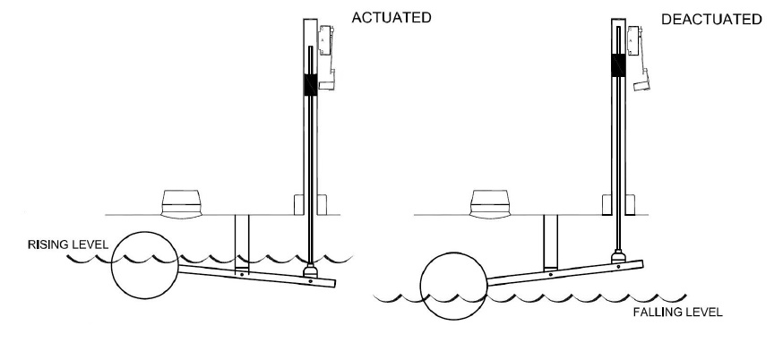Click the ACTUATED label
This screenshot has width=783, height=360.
[x=391, y=18]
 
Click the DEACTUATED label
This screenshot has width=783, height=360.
[x=711, y=20]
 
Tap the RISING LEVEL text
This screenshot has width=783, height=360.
[x=68, y=244]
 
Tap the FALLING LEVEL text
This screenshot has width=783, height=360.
[x=677, y=313]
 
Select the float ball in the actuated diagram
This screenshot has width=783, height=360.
[x=144, y=265]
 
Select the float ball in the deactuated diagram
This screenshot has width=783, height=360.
[x=453, y=286]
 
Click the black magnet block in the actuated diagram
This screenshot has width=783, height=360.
[x=310, y=85]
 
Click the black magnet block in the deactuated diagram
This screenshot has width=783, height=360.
[x=618, y=64]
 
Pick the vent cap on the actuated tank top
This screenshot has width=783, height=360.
[x=182, y=204]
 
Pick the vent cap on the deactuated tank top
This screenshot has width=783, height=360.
[x=490, y=204]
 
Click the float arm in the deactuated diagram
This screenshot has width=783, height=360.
[x=564, y=273]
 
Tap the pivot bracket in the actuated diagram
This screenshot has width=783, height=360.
[x=242, y=245]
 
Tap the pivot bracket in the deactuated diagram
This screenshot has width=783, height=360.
[x=550, y=243]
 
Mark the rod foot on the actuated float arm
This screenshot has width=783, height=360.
[x=311, y=271]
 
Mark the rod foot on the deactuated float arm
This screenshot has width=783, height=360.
[x=619, y=256]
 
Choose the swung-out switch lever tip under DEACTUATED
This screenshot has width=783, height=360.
[x=642, y=85]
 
